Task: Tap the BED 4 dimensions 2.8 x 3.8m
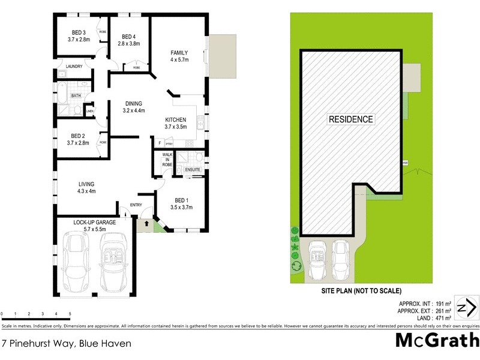pyautogui.click(x=129, y=43)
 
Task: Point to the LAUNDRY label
pyautogui.click(x=74, y=67)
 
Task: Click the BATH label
pyautogui.click(x=76, y=95)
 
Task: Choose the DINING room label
pyautogui.click(x=134, y=103)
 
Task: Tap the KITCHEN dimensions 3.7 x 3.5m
pyautogui.click(x=176, y=127)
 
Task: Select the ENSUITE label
pyautogui.click(x=192, y=170)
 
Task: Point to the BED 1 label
pyautogui.click(x=181, y=200)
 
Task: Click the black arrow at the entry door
pyautogui.click(x=144, y=225)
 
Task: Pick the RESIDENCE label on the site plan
pyautogui.click(x=350, y=119)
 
